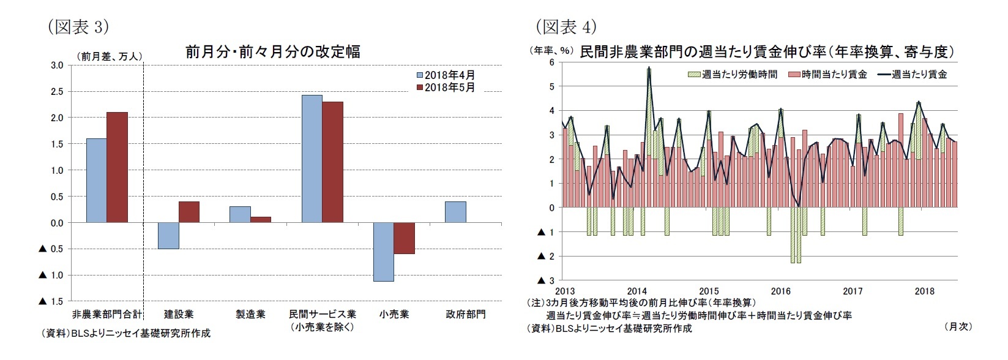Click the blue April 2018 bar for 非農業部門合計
click(x=97, y=181)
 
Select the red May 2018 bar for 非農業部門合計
click(x=118, y=167)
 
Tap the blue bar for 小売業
click(x=384, y=252)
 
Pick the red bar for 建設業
click(x=189, y=212)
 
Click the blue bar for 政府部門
click(x=455, y=212)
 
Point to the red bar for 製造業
click(x=261, y=219)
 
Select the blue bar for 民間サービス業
click(x=312, y=159)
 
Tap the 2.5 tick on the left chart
click(x=56, y=91)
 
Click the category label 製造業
click(x=250, y=314)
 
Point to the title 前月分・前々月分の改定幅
click(x=272, y=51)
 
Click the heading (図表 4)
click(x=566, y=26)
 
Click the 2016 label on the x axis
click(x=780, y=291)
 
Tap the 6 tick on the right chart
click(x=551, y=62)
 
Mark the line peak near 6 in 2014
click(x=648, y=69)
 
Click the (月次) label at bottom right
click(x=958, y=326)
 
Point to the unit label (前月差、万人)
click(x=110, y=56)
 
